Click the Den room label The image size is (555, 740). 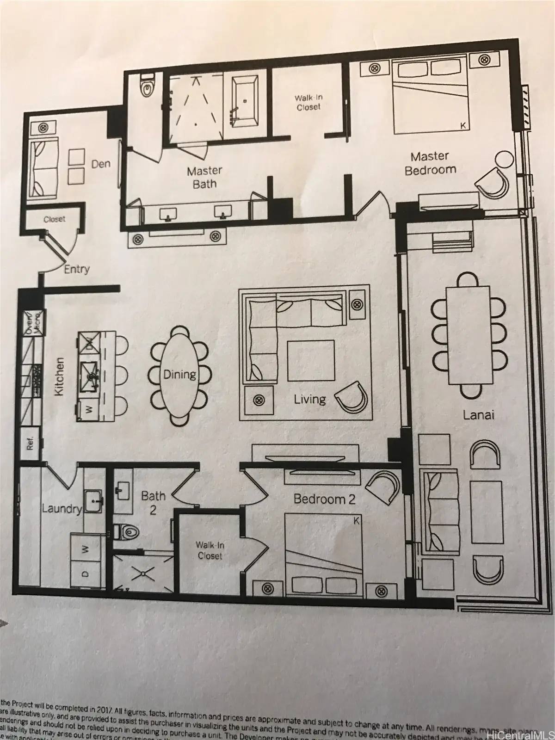[101, 163]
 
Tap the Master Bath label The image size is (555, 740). [204, 178]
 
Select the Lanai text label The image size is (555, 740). [479, 415]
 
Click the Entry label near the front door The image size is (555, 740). [77, 269]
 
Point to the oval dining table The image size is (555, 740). [179, 375]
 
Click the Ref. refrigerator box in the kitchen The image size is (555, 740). [30, 444]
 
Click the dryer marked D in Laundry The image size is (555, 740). [85, 574]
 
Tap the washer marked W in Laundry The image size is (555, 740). [85, 549]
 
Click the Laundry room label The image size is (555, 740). [62, 509]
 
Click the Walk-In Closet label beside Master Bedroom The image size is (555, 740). [308, 103]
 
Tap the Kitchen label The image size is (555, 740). [59, 376]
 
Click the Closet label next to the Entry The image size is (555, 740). [54, 219]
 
